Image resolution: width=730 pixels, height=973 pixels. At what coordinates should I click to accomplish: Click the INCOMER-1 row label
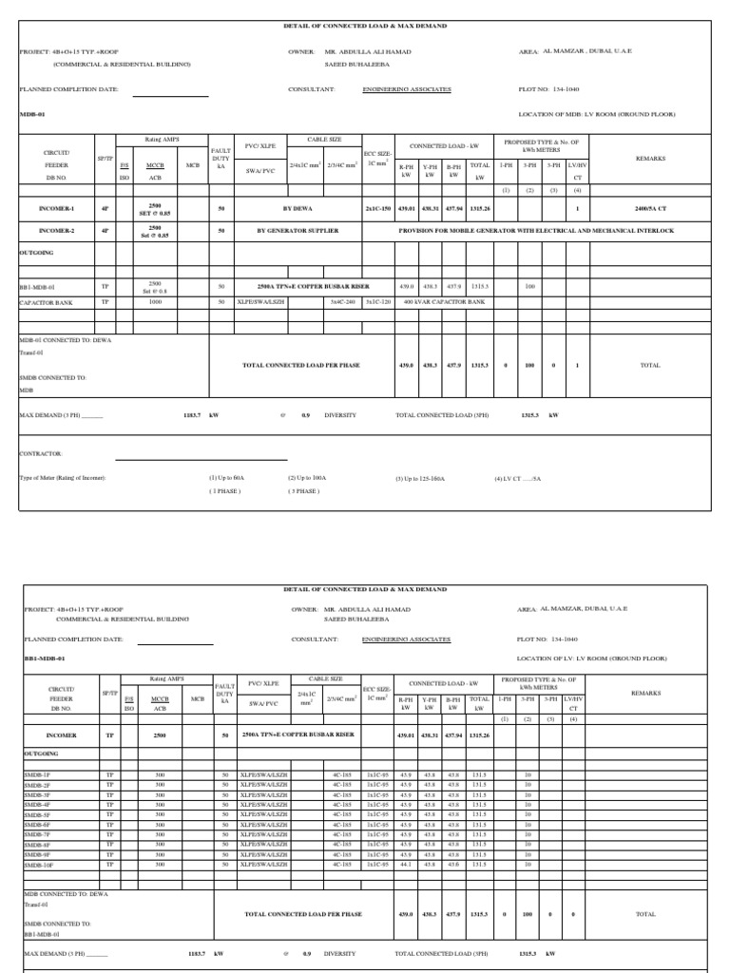pyautogui.click(x=56, y=207)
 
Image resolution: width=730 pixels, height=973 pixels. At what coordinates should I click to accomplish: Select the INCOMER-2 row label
pyautogui.click(x=56, y=230)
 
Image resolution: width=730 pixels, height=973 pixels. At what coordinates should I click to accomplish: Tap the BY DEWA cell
pyautogui.click(x=298, y=207)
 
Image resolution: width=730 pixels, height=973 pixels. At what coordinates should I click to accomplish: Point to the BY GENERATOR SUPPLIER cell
pyautogui.click(x=298, y=230)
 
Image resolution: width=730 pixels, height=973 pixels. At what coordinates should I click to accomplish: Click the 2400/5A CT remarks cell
pyautogui.click(x=651, y=207)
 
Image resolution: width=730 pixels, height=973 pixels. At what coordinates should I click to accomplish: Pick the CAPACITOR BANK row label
pyautogui.click(x=47, y=301)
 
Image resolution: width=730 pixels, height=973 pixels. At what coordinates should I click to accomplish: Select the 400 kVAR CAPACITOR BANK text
pyautogui.click(x=444, y=301)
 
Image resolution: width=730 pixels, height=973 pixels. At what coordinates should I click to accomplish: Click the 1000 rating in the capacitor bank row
pyautogui.click(x=156, y=301)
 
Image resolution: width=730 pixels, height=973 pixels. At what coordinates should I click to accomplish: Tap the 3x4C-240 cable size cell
pyautogui.click(x=342, y=301)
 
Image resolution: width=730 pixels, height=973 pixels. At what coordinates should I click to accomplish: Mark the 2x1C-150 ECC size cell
pyautogui.click(x=377, y=207)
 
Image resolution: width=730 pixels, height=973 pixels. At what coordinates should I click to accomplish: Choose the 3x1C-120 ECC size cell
pyautogui.click(x=377, y=301)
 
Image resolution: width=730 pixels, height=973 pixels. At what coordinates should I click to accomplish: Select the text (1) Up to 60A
pyautogui.click(x=227, y=478)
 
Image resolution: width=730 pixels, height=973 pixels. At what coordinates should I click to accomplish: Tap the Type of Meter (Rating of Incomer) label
pyautogui.click(x=63, y=478)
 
